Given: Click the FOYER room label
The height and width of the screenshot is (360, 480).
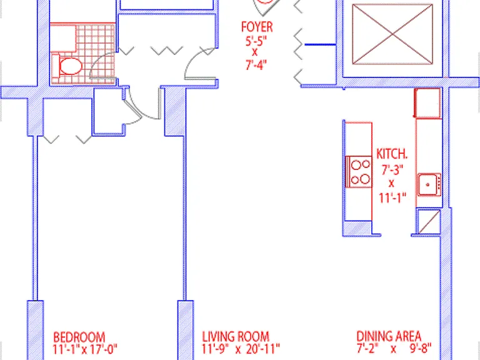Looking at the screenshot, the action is click(257, 27).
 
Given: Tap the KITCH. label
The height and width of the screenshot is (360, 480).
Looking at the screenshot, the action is click(391, 154).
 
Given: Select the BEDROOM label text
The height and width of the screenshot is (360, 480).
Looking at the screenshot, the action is click(79, 337).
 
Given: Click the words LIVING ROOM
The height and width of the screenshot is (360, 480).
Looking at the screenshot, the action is click(236, 337).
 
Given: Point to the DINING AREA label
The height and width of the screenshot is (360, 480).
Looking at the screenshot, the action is click(389, 336).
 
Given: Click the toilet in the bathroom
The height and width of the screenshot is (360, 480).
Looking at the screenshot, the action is click(67, 66).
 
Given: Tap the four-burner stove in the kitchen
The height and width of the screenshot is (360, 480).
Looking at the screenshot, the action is click(359, 172).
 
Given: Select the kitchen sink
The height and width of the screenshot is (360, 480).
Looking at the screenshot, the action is click(430, 184).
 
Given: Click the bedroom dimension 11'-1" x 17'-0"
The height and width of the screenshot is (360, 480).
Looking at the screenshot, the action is click(85, 349).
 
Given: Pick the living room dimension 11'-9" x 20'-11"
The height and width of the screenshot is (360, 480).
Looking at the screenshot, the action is click(241, 348).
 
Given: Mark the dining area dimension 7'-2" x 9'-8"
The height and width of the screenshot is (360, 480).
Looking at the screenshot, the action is click(394, 348).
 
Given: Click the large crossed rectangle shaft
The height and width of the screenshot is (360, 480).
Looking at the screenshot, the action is click(392, 34).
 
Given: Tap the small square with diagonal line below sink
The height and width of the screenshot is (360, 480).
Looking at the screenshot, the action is click(429, 221).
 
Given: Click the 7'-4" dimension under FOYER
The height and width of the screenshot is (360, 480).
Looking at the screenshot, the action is click(256, 65).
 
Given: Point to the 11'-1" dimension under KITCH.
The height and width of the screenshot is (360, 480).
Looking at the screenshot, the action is click(392, 197).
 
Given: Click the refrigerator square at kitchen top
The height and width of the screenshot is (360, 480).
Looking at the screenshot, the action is click(427, 103).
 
